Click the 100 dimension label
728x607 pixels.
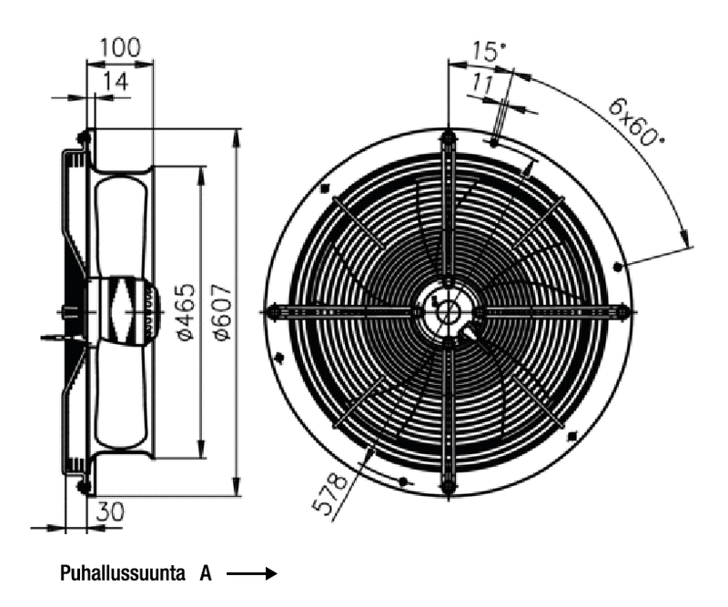(120, 48)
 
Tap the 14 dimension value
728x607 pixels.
(116, 82)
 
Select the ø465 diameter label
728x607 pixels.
(187, 311)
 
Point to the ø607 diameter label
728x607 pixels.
(223, 312)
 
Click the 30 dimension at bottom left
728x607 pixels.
(110, 511)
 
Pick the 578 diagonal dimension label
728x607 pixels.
(329, 494)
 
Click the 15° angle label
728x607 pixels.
(489, 51)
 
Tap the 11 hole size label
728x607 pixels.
(483, 84)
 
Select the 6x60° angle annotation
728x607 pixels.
(635, 121)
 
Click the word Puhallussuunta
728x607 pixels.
(123, 573)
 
